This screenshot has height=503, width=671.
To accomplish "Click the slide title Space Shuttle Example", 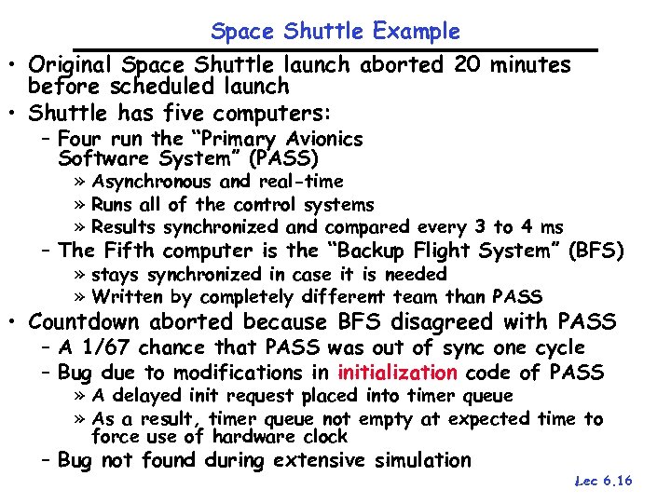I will point(335,32).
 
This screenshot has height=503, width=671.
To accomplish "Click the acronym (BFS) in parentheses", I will point(595,251).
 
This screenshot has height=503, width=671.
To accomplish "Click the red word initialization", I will point(397,374).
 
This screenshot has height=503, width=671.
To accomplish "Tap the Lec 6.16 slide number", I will point(604,482).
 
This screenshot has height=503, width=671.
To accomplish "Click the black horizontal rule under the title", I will point(335,48).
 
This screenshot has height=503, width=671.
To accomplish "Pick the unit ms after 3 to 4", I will point(552,227).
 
